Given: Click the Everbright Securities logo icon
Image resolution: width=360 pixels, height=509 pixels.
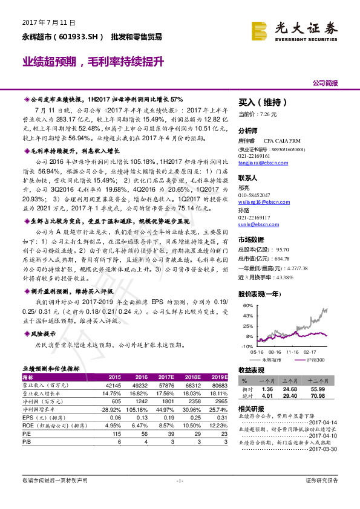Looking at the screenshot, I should click(x=259, y=30).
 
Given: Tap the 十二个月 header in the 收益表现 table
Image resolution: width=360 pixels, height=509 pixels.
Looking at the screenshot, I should click(x=316, y=381).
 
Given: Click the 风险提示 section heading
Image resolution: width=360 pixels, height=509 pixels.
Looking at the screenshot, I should click(x=42, y=333).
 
